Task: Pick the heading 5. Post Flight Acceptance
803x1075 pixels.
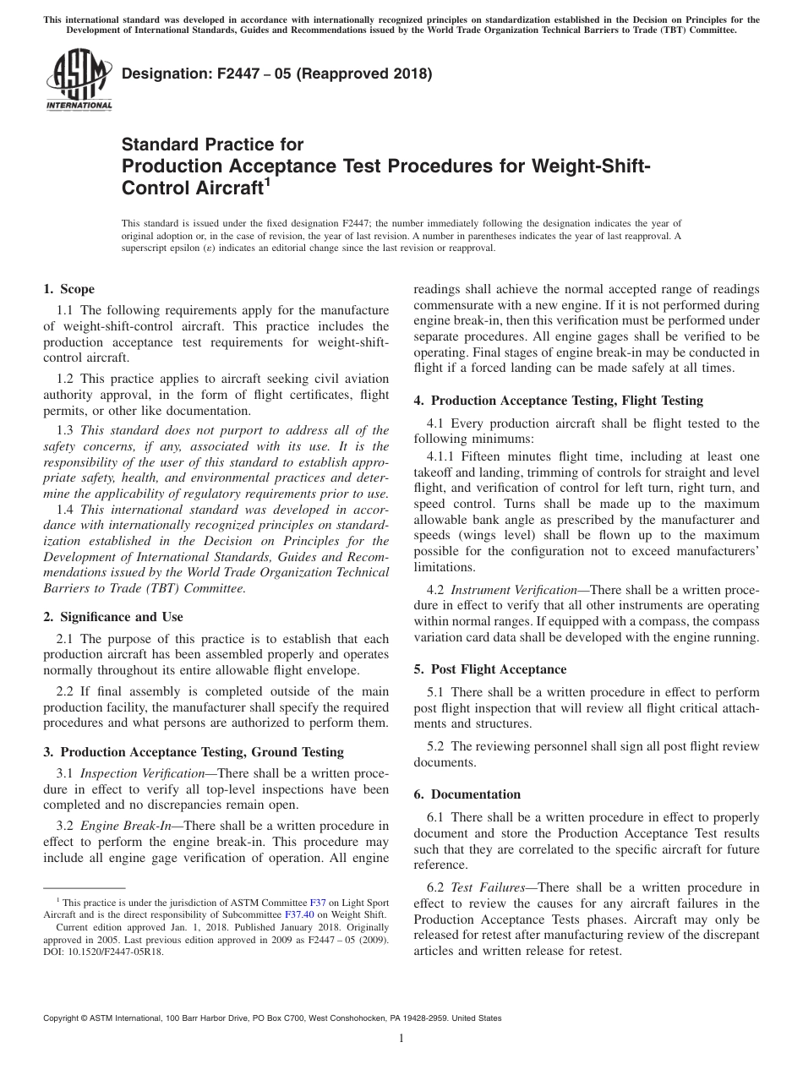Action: coord(489,669)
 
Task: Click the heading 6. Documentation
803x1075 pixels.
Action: coord(467,794)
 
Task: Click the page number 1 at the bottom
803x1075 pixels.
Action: coord(401,1039)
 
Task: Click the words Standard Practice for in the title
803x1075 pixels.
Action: coord(212,145)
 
